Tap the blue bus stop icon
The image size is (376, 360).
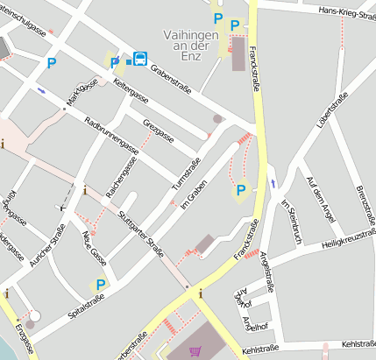click(x=139, y=60)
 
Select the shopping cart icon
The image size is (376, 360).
click(x=194, y=351)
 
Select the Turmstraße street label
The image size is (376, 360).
click(x=187, y=175)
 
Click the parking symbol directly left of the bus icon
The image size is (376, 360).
click(x=115, y=62)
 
